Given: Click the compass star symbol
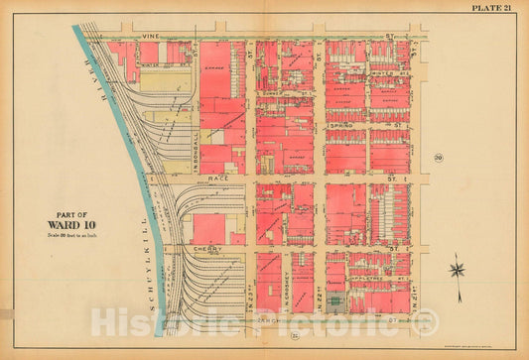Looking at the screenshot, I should coord(458,267).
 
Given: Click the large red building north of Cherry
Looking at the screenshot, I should coord(209,227).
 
